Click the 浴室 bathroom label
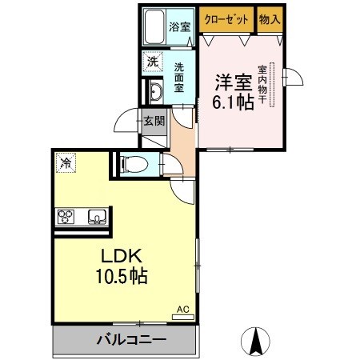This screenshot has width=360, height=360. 180,26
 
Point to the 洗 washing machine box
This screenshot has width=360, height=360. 151,61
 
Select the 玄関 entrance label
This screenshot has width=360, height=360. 154,122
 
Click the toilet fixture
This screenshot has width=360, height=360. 134,165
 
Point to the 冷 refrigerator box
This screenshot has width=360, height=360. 65,163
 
